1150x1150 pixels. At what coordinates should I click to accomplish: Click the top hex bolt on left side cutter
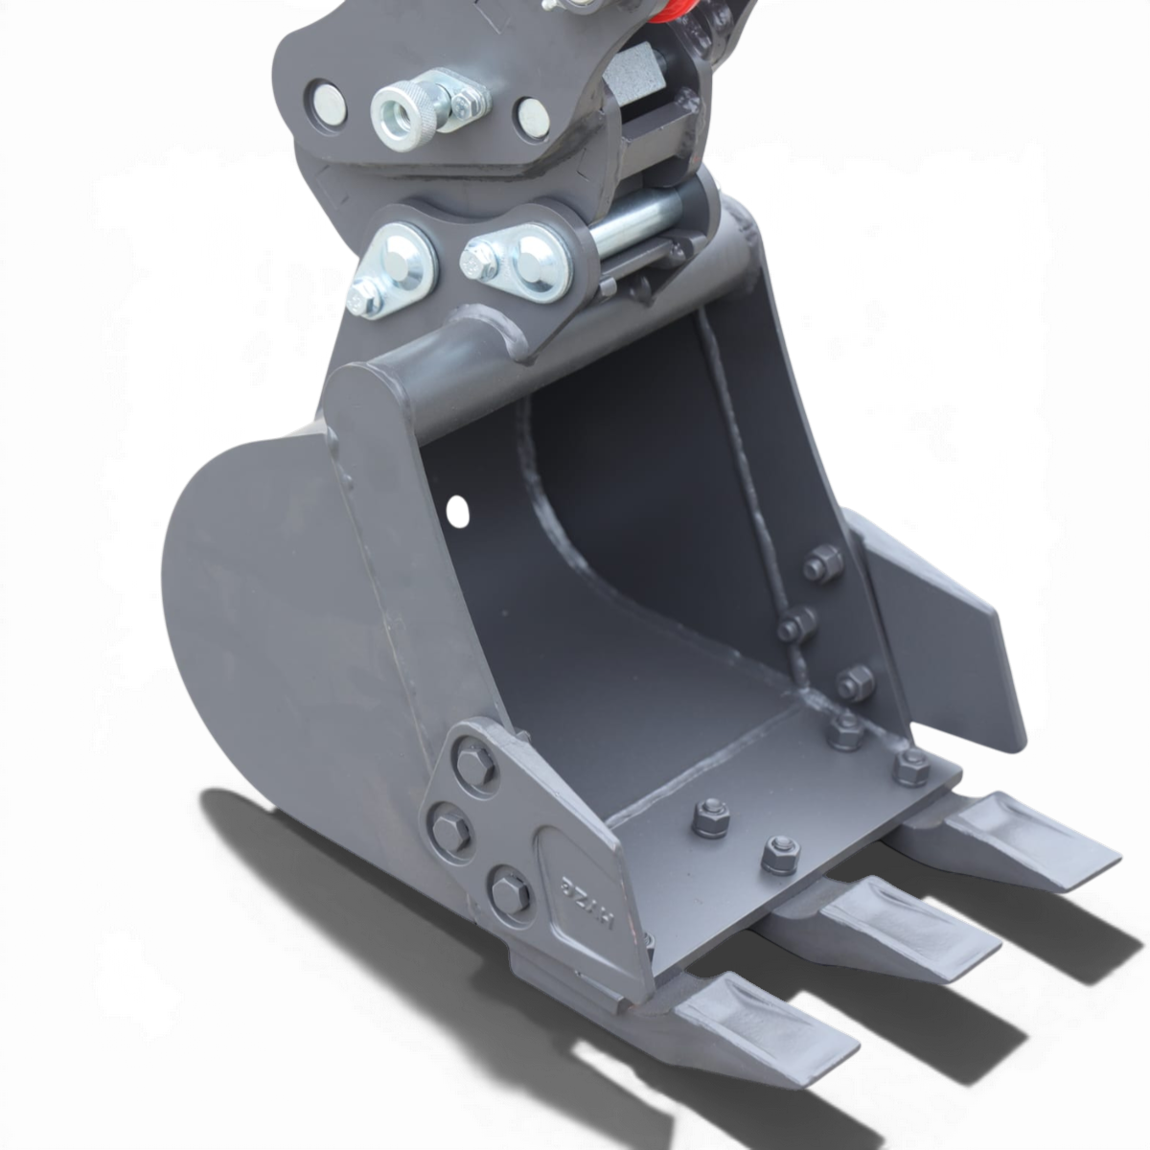click(x=472, y=764)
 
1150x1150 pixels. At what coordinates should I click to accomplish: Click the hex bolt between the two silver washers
click(x=476, y=260)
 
